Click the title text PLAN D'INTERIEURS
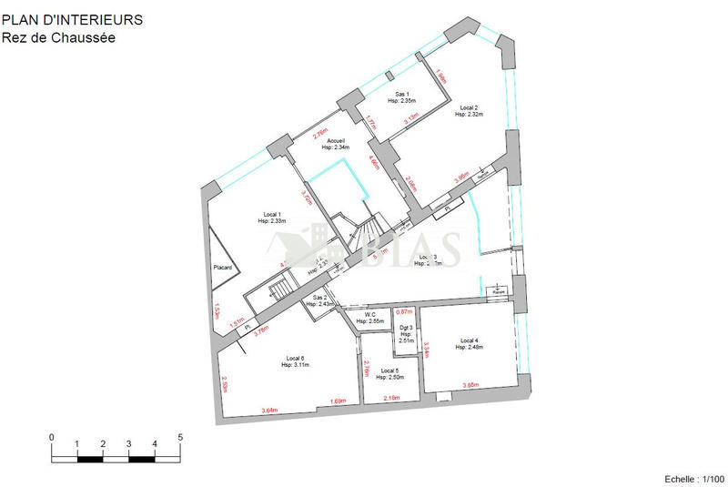pos(72,19)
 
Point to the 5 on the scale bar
pos(180,438)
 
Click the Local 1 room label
pos(272,213)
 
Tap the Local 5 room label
pos(389,370)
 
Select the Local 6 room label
pos(297,358)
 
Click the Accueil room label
pos(336,140)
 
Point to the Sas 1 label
pos(402,95)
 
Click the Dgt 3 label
pos(406,328)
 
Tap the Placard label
pos(223,268)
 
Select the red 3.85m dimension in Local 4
pos(470,385)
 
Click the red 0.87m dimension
pos(406,312)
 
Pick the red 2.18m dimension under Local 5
pos(392,399)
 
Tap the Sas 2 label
pos(319,298)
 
